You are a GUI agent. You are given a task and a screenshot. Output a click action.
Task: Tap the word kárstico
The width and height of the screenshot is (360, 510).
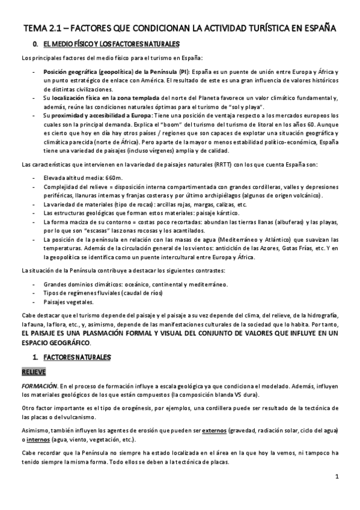pos(221,212)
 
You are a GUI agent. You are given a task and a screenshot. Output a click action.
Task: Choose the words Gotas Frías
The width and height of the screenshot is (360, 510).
pos(294,247)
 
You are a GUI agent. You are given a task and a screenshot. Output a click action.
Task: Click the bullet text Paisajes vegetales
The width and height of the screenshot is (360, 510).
pos(69,301)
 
